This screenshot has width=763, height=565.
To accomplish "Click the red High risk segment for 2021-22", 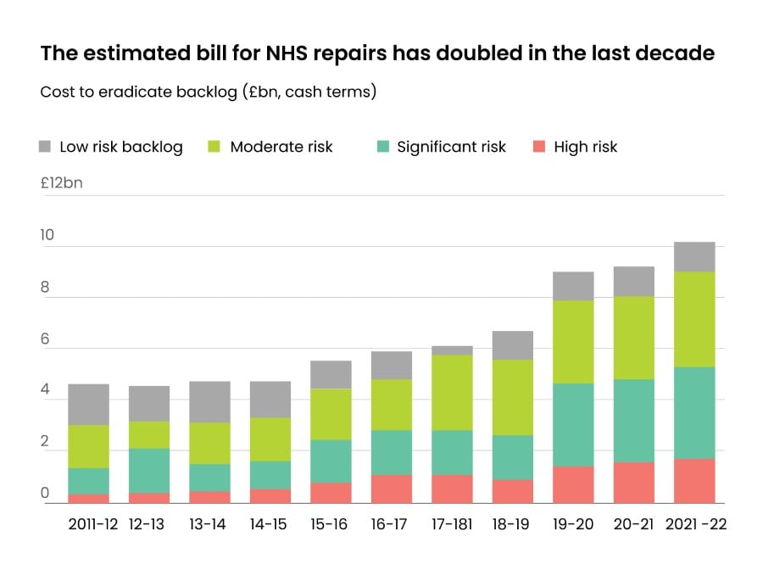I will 694,481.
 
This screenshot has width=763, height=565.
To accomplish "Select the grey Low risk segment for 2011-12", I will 88,405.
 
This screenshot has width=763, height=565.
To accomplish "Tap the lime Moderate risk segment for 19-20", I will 573,342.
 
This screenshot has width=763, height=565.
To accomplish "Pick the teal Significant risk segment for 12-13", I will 149,471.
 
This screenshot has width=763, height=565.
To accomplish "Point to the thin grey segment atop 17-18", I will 452,350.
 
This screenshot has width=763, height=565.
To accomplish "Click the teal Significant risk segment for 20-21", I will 633,421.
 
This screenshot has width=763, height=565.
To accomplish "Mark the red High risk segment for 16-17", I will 391,489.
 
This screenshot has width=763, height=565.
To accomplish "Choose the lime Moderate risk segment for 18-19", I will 512,397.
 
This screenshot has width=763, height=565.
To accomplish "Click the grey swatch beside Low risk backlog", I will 46,147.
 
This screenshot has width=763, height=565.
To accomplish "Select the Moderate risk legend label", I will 281,147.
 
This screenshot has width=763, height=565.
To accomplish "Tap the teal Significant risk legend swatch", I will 382,147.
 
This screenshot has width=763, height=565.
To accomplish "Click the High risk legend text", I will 585,147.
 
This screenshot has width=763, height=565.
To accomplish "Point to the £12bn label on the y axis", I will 61,182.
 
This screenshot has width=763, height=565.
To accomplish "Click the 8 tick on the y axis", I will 46,288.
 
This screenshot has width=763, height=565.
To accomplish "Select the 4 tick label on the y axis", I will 46,391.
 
